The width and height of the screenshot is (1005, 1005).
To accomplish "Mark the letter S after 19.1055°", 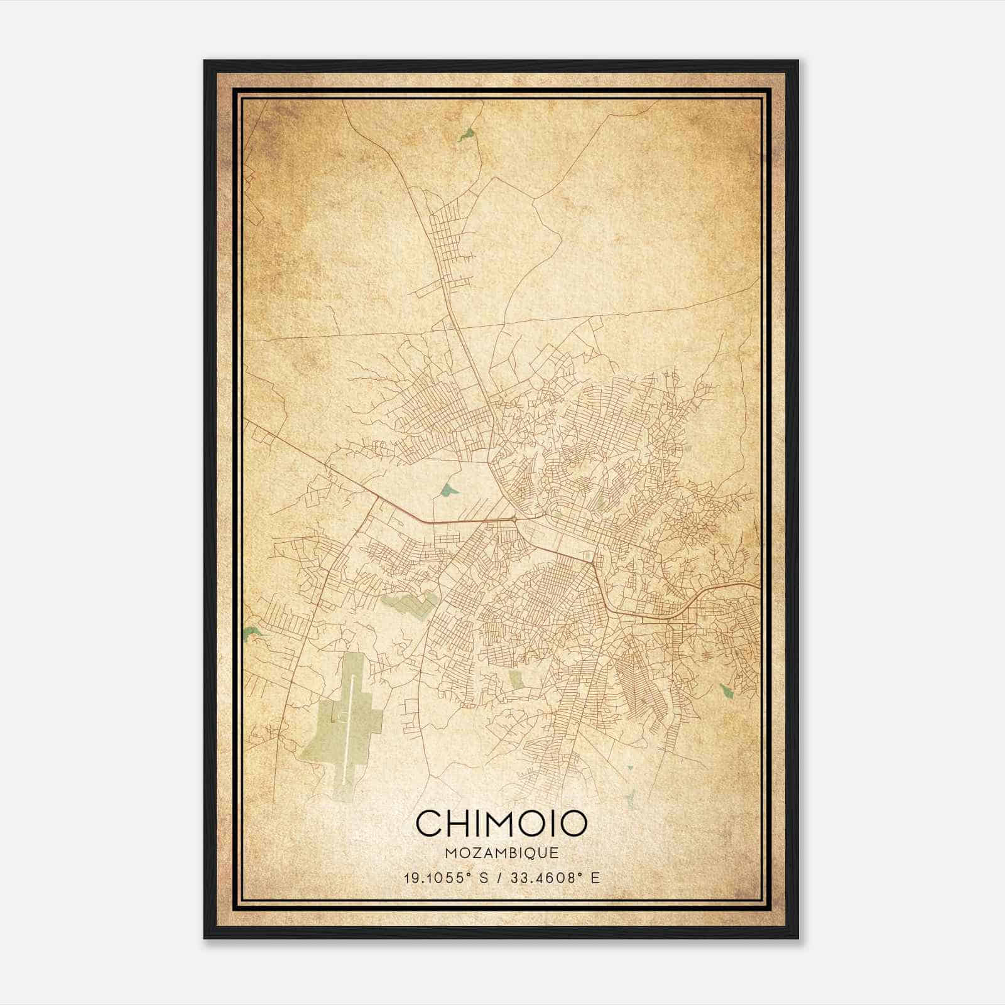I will coord(484,877).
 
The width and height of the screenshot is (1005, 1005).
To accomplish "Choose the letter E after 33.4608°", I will coord(595,877).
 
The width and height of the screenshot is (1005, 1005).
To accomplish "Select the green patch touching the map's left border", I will coord(251,633).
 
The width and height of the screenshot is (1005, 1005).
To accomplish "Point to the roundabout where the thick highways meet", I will coord(515,519).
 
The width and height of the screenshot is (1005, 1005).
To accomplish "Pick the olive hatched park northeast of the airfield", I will coord(410,604).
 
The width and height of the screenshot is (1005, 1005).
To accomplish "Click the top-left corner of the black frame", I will coord(205,61).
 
